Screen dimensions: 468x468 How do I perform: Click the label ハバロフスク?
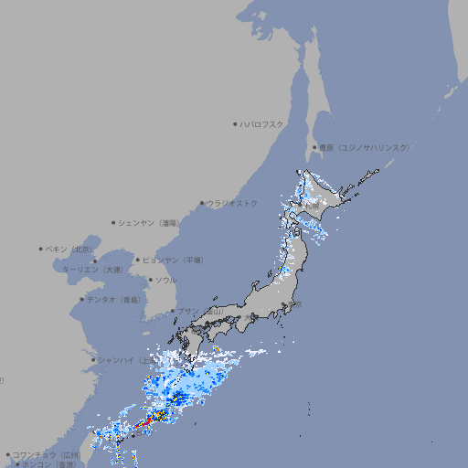pos(262,124)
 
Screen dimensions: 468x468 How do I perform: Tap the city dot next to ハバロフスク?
pos(236,124)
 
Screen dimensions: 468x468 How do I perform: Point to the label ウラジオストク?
pos(232,203)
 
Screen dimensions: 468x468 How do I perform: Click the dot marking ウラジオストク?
pos(202,203)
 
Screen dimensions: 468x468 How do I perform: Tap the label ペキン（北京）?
pos(70,249)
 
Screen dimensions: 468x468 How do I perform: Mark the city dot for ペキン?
pos(41,249)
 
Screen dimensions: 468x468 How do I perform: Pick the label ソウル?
pos(165,280)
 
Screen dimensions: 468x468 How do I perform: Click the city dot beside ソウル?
pos(150,280)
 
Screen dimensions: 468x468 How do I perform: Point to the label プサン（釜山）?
pos(199,311)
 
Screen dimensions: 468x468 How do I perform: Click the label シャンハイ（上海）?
pos(122,359)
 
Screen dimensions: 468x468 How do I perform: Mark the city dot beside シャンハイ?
pos(92,359)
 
